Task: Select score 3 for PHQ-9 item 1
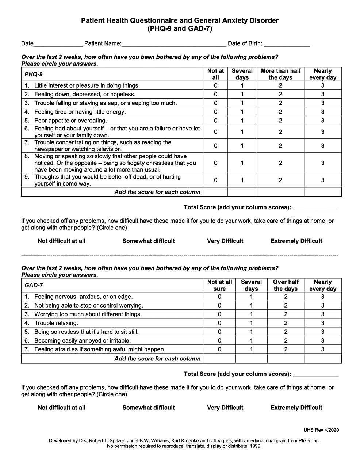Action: [323, 86]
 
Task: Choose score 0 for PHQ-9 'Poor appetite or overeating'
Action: [216, 121]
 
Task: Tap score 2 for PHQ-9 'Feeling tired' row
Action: [280, 112]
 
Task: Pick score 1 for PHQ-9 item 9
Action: [242, 180]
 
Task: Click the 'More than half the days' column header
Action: [280, 74]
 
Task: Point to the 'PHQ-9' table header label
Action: [34, 75]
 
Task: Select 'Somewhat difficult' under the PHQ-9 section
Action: [149, 241]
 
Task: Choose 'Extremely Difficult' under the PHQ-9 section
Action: [296, 241]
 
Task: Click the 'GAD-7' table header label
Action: [34, 286]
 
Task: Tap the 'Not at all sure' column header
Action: [219, 285]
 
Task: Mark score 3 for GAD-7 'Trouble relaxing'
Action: [323, 323]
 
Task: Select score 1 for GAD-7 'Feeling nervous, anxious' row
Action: [252, 297]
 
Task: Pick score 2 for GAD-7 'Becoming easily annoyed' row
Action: [286, 341]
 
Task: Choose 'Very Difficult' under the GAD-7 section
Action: [225, 408]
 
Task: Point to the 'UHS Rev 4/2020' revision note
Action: [321, 430]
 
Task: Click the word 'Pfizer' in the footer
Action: [305, 441]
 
